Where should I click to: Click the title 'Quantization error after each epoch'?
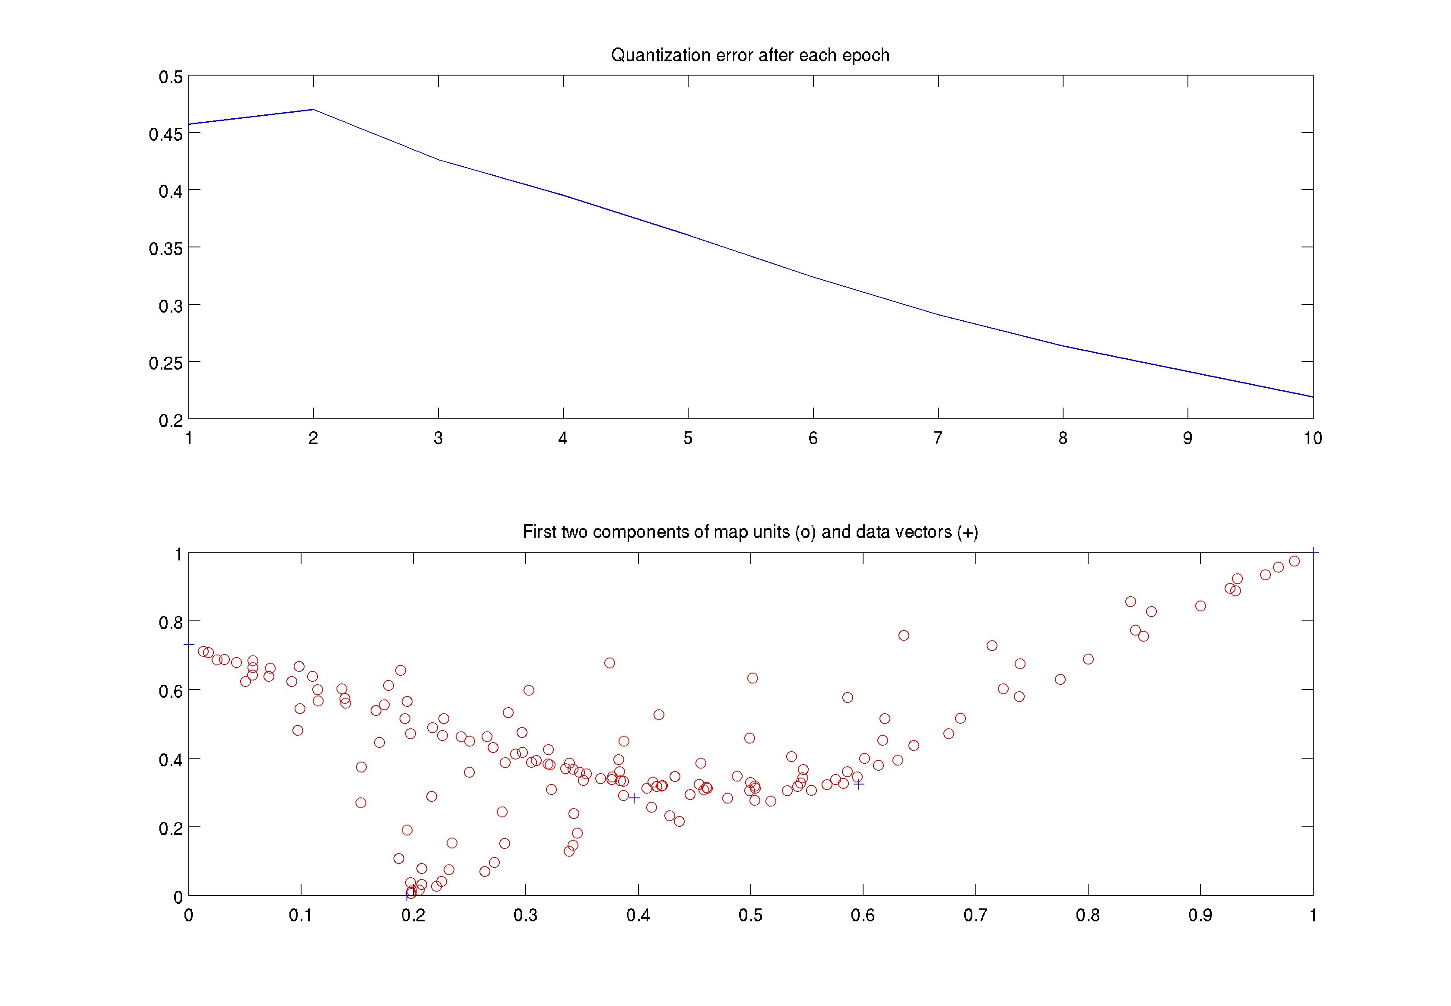[750, 55]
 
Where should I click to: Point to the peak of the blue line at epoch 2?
[314, 110]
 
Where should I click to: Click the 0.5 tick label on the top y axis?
[170, 77]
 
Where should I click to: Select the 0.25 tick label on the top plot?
[166, 363]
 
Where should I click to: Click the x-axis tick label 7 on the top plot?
[938, 438]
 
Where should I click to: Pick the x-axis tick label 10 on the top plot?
[1312, 438]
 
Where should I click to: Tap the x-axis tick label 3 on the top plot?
[438, 438]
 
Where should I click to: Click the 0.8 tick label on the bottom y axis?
[170, 622]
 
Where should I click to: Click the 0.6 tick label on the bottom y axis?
[170, 691]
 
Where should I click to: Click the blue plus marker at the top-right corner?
[1313, 552]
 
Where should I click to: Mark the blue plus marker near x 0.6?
[858, 784]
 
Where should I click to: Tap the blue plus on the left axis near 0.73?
[188, 644]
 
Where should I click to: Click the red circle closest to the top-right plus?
[1294, 561]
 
